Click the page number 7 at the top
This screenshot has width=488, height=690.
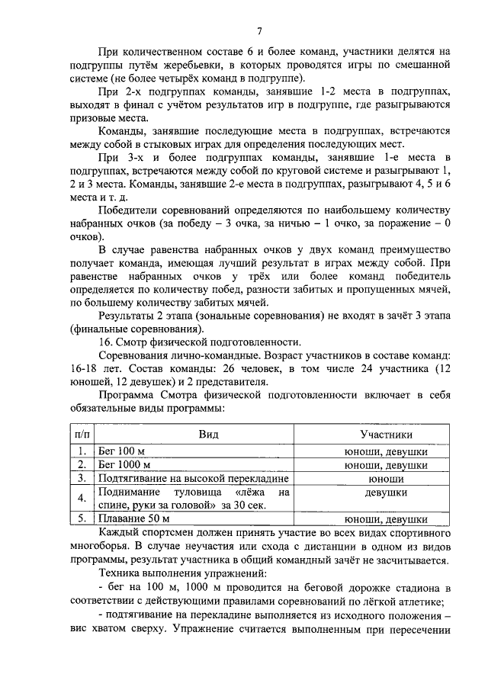point(259,31)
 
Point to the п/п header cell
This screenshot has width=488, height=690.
point(79,434)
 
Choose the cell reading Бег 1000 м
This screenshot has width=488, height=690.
point(125,464)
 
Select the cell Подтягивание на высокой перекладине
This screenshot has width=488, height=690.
point(193,478)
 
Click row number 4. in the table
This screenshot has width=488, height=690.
point(80,499)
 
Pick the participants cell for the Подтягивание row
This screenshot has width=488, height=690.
point(386,478)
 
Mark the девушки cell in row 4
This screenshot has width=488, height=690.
point(386,493)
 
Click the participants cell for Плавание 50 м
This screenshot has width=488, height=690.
point(386,519)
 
